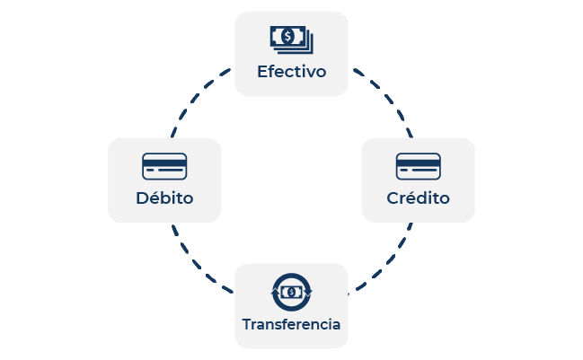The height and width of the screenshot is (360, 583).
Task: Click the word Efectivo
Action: pos(291,72)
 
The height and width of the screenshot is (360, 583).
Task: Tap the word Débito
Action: pos(164,198)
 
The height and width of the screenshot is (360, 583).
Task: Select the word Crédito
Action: pos(418,198)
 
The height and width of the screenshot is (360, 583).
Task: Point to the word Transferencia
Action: pos(291,324)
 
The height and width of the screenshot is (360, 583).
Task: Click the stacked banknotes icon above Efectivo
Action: pos(291,40)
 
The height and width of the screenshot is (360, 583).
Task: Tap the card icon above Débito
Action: pos(164,166)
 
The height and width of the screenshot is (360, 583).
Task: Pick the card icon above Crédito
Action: pos(419,166)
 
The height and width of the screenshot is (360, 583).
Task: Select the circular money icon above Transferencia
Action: pos(291,292)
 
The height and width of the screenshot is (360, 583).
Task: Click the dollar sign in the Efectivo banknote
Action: pos(287,37)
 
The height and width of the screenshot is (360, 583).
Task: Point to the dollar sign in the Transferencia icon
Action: pos(291,293)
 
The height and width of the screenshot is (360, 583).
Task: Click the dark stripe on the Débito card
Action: pos(164,162)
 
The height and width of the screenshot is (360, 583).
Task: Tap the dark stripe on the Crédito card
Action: pos(419,162)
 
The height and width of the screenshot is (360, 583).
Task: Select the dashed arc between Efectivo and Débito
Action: pos(195,97)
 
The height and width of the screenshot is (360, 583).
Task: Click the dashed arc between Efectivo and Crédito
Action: pos(388,97)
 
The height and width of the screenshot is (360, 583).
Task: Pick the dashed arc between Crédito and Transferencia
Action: pos(389,263)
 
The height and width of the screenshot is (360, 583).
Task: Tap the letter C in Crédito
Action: pos(393,198)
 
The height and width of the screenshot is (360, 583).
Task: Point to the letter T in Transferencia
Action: pos(248,324)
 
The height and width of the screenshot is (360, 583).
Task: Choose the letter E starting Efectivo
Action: pos(262,72)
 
